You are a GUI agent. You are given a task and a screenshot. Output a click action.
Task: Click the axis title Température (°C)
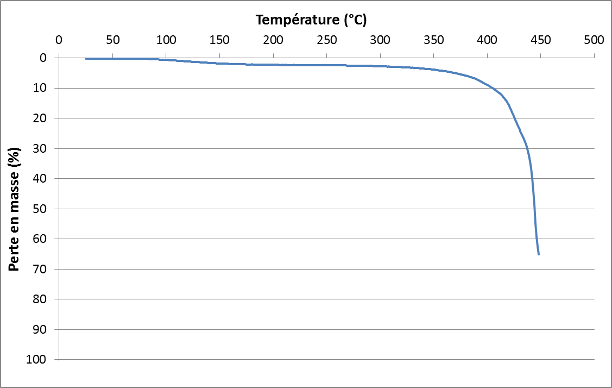tap(311, 20)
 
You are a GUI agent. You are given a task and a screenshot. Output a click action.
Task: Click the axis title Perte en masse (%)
tap(15, 209)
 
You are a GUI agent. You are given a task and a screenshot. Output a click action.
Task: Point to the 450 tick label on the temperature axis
tap(540, 40)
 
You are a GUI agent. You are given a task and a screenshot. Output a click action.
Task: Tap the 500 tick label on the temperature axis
tap(594, 40)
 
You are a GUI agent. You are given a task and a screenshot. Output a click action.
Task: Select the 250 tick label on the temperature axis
tap(326, 40)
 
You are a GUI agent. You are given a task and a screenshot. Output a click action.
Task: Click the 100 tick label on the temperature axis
tap(166, 40)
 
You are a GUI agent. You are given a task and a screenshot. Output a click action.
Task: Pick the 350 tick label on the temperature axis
tap(433, 40)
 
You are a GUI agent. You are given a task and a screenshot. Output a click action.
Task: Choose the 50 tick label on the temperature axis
tap(112, 40)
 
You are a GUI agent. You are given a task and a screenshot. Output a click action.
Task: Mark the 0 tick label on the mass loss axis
tap(44, 58)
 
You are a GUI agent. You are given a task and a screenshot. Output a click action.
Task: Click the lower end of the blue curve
tap(538, 254)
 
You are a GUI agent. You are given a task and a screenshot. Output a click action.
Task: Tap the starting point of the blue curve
tap(86, 59)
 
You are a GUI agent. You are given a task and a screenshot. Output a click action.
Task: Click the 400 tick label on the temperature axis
tap(487, 40)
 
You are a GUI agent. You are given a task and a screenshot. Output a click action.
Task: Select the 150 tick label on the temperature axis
tap(219, 40)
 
